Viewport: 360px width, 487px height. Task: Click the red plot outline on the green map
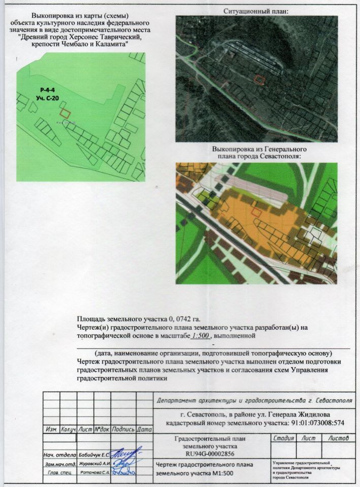pyautogui.click(x=65, y=112)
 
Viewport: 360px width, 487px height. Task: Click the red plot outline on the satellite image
pyautogui.click(x=259, y=79)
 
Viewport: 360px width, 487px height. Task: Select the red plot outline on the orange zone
pyautogui.click(x=258, y=212)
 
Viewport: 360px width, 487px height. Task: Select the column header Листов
pyautogui.click(x=338, y=437)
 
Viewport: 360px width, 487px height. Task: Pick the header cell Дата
pyautogui.click(x=144, y=429)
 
